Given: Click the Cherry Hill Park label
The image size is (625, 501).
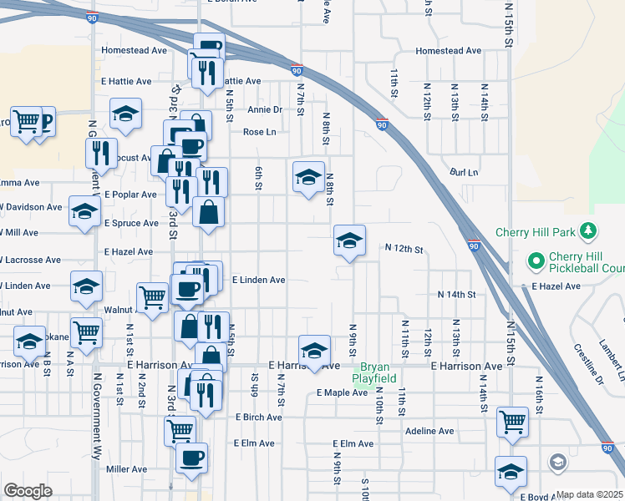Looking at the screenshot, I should [549, 231].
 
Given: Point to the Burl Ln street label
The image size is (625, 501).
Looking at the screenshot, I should [463, 172].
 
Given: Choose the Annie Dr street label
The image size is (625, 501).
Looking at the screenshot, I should [265, 109].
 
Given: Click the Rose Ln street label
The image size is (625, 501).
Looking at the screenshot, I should [259, 132].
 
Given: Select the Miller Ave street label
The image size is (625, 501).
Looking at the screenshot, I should [127, 469].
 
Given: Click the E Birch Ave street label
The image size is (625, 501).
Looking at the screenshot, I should [261, 417].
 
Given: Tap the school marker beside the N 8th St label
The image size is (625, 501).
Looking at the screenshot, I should [308, 176].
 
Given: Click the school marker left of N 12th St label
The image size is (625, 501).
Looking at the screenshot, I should [349, 240].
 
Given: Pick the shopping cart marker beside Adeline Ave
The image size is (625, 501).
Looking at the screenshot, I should [512, 422].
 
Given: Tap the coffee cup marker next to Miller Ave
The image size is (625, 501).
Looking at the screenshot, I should [191, 458].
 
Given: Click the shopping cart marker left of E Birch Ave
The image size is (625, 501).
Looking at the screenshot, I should [180, 432].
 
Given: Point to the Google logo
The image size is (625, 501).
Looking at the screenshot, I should [28, 491].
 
